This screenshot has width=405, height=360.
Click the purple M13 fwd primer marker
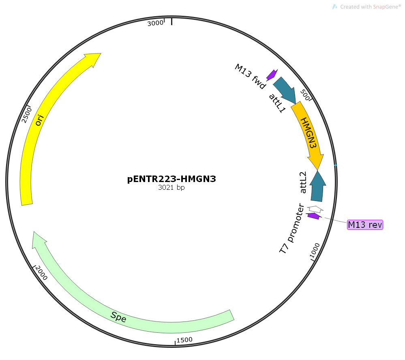coord(271,75)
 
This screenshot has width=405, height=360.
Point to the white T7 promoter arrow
coord(315,209)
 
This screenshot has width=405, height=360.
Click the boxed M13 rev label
coord(365,224)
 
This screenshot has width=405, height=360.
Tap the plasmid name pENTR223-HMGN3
coord(171,179)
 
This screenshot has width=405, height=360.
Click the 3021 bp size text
coord(171,188)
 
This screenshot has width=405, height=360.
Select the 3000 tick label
coord(155,23)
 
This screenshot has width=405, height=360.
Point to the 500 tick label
coord(306,96)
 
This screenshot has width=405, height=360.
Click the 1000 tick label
coord(315,250)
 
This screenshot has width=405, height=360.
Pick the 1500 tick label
coord(184,340)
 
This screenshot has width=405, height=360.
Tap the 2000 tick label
coord(41,273)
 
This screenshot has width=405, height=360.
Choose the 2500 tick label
coord(27,114)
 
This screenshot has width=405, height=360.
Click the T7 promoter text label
coord(292,229)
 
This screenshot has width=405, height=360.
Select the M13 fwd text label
coord(250,76)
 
